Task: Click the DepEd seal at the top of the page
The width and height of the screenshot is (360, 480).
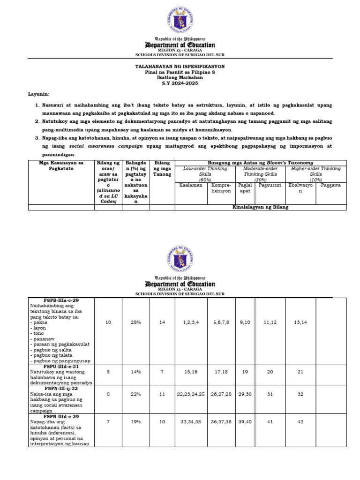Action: [180, 20]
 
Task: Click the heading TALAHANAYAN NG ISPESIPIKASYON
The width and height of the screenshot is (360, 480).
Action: [180, 67]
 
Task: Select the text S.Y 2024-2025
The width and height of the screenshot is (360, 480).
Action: [180, 83]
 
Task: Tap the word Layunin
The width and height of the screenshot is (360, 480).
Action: [38, 94]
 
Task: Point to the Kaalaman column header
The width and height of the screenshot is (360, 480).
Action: [191, 185]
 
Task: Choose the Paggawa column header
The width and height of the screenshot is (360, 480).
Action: [331, 185]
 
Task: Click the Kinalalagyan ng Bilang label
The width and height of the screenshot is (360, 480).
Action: [261, 207]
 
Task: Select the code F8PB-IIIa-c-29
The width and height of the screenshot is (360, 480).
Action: [61, 300]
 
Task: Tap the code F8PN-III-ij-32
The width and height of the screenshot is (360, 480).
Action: [61, 388]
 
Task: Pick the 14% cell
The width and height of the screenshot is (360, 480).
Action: [136, 371]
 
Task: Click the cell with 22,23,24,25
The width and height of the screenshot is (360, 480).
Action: [191, 394]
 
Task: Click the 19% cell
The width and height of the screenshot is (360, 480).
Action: [136, 421]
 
